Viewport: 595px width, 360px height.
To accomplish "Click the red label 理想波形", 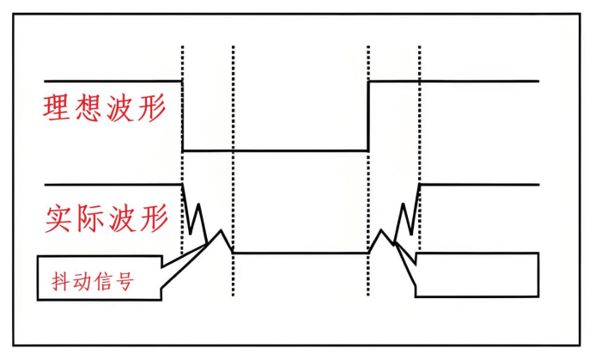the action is (x=104, y=107).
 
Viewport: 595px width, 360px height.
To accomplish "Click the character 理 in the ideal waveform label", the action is (x=58, y=107).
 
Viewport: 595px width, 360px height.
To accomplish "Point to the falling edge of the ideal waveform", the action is (x=183, y=116).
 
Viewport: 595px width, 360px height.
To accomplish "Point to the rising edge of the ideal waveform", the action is (x=368, y=116).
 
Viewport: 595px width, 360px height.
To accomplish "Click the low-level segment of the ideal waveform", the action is (x=275, y=150).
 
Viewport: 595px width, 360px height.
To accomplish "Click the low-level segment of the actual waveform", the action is (x=301, y=253).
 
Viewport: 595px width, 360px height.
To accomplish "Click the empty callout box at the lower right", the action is (x=477, y=275).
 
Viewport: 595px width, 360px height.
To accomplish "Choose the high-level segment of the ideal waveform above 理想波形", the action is (x=112, y=82).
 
